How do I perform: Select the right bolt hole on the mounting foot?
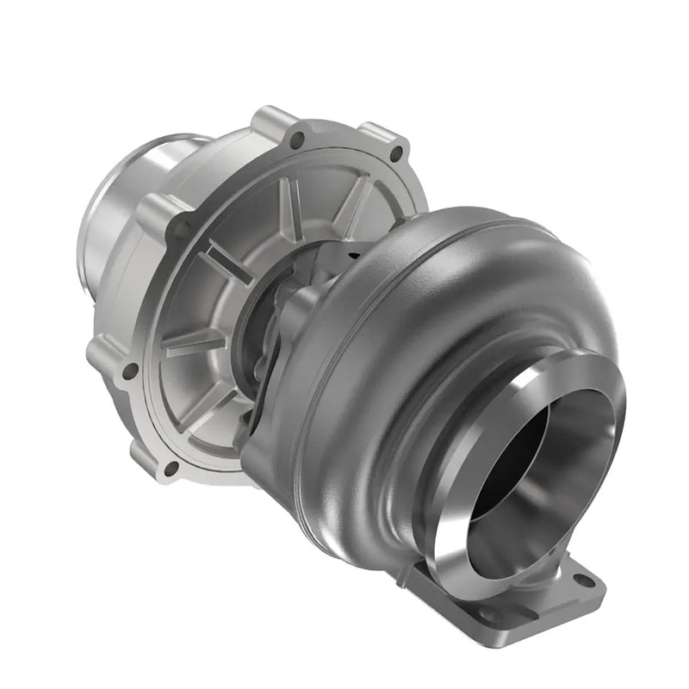click(x=585, y=580)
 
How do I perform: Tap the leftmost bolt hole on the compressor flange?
click(x=130, y=371)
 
